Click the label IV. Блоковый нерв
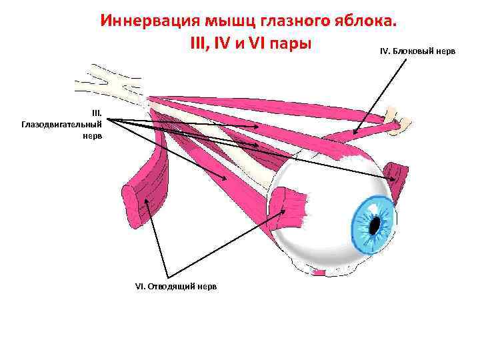(x=417, y=51)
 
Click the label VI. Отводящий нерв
(x=175, y=285)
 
